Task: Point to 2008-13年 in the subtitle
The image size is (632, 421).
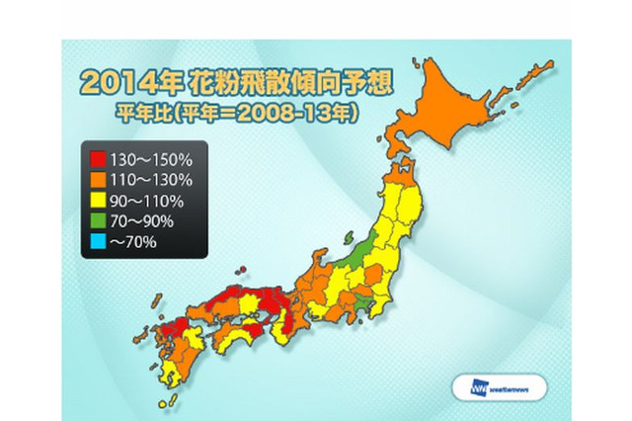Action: pos(314,112)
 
